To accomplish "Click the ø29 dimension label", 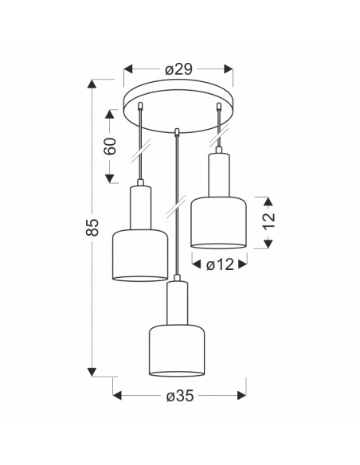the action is pyautogui.click(x=179, y=69).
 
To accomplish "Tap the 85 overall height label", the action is pyautogui.click(x=92, y=227).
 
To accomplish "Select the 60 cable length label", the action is pyautogui.click(x=110, y=147).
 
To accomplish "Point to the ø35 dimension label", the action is pyautogui.click(x=180, y=396).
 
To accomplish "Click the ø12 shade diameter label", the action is pyautogui.click(x=220, y=264).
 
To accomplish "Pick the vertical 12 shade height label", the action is pyautogui.click(x=268, y=221).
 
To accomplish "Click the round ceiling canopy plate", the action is pyautogui.click(x=178, y=106).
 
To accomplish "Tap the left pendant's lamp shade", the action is pyautogui.click(x=140, y=255).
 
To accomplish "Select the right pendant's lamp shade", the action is pyautogui.click(x=218, y=222).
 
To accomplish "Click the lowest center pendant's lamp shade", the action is pyautogui.click(x=177, y=350).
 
